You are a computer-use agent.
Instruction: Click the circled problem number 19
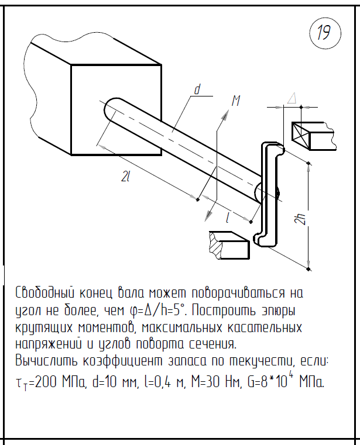pos(324,33)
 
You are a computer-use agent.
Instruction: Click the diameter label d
pos(197,90)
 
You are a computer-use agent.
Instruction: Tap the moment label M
pos(236,101)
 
